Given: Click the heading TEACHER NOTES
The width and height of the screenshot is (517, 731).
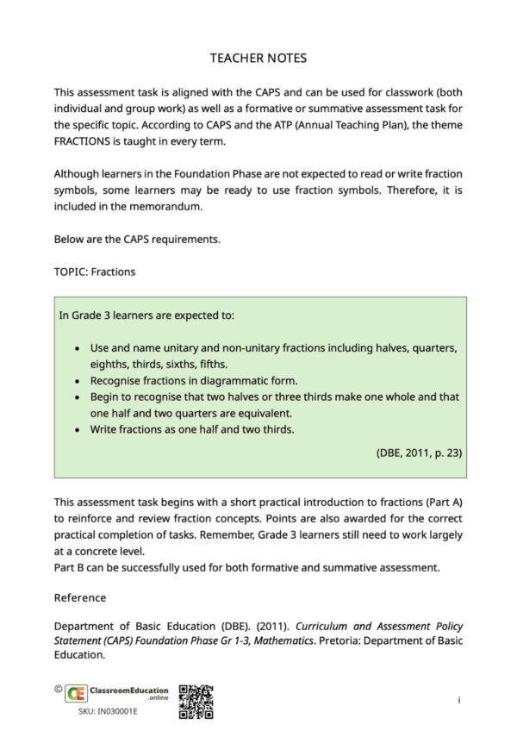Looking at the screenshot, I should (258, 59).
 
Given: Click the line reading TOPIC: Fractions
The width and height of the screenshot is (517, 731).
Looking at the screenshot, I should (94, 272).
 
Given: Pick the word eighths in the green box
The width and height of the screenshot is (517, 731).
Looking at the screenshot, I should (110, 364).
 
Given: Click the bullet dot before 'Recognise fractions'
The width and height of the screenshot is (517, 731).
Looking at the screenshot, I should (79, 380).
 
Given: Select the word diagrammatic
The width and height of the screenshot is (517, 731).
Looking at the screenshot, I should (238, 380).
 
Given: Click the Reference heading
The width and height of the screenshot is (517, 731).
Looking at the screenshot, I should (80, 597).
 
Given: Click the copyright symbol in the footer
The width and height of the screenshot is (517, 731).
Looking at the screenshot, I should (57, 689).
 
